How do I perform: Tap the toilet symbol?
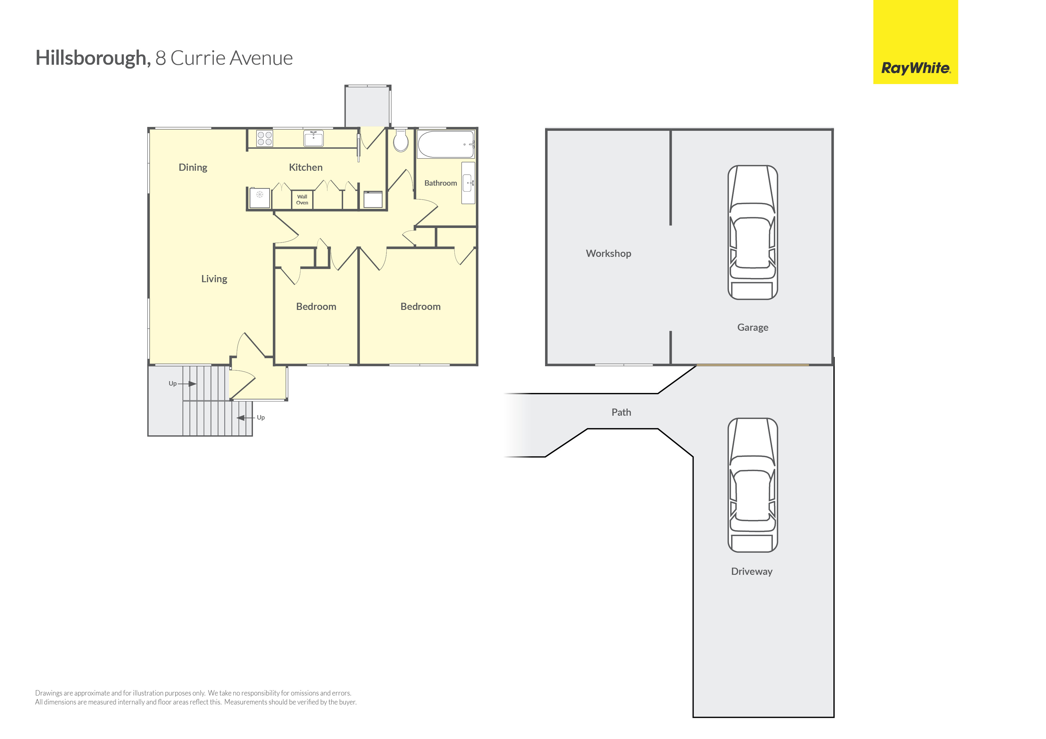click(401, 140)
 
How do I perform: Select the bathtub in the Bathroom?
click(446, 144)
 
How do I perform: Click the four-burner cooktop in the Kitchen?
click(265, 138)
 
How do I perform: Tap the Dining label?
click(193, 167)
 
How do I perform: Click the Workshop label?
click(609, 254)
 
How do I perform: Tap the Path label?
click(621, 412)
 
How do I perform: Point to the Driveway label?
click(752, 572)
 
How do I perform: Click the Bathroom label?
click(440, 183)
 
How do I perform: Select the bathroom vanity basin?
click(468, 183)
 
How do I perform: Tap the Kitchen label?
click(306, 167)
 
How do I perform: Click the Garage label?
click(753, 328)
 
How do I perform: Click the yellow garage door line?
click(753, 365)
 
